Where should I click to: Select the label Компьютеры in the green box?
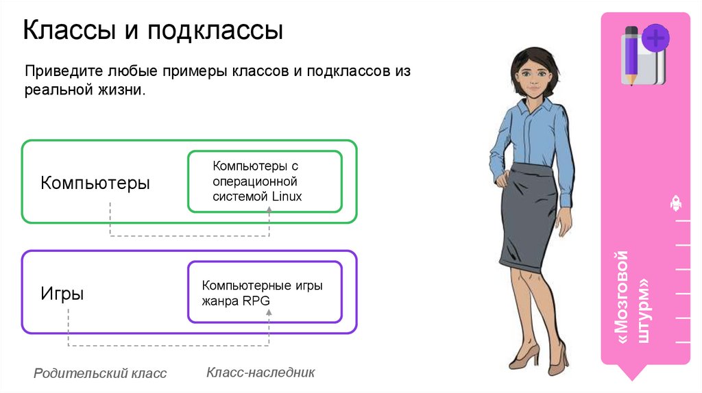point(95,183)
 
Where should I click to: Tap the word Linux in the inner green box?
point(287,196)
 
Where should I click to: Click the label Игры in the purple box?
point(62,294)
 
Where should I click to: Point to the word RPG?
point(254,300)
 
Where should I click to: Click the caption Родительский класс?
point(100,373)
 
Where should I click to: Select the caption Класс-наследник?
point(261,372)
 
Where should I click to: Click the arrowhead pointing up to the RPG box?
point(269,312)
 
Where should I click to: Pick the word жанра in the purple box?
point(216,300)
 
